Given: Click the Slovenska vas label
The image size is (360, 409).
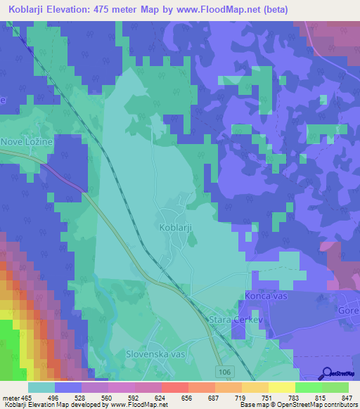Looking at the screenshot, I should point(155,354).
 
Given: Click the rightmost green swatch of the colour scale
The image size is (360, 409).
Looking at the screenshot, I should point(336,387).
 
